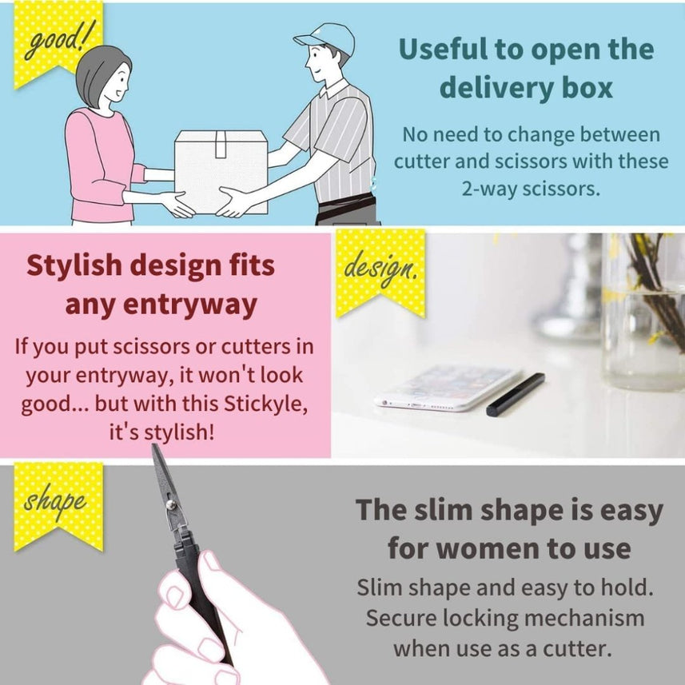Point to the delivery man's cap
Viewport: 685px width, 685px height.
326,37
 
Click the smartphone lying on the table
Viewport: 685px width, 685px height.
447,387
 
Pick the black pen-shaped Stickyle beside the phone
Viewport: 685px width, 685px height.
516,394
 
